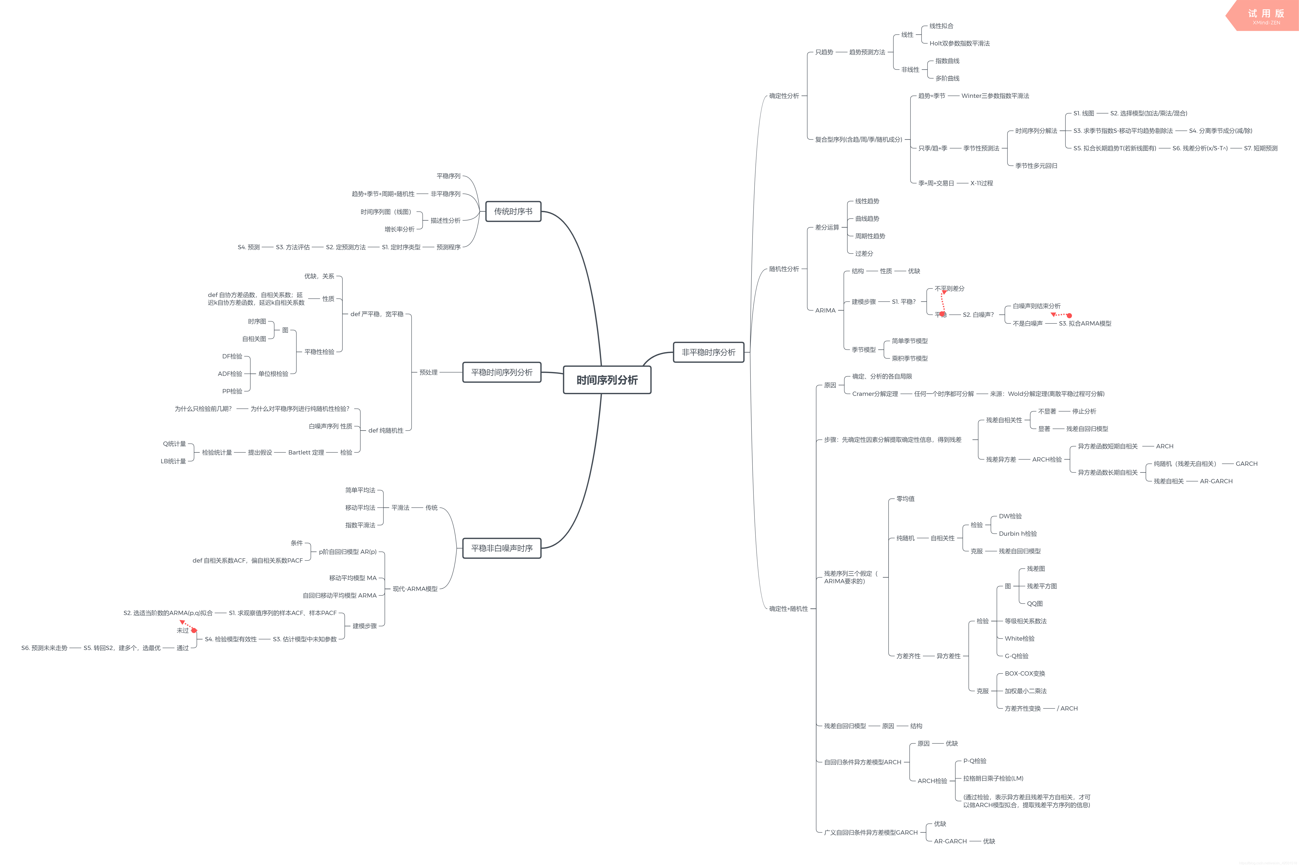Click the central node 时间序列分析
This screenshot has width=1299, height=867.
(607, 380)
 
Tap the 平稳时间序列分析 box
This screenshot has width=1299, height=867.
(502, 372)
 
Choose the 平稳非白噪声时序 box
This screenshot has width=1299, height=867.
(502, 548)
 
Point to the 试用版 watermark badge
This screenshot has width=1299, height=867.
(1266, 16)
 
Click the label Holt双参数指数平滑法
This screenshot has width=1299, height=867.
(959, 43)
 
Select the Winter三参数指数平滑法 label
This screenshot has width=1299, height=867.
(995, 96)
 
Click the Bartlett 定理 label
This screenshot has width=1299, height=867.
(306, 452)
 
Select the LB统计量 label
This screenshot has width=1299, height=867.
(173, 461)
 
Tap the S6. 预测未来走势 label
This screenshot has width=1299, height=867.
(44, 648)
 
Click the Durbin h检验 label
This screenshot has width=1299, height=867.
(1018, 534)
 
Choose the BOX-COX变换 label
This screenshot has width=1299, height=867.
(1025, 673)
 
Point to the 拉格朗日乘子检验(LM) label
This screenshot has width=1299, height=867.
(993, 779)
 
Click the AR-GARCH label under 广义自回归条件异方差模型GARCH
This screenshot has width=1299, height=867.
(950, 841)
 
